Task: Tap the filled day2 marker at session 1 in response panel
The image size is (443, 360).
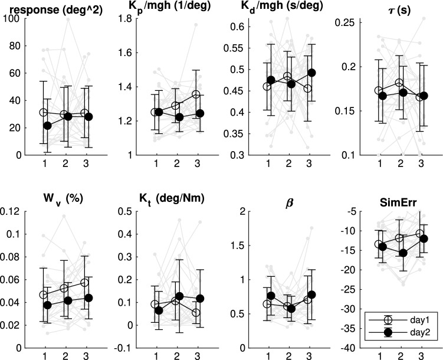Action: (x=47, y=126)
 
